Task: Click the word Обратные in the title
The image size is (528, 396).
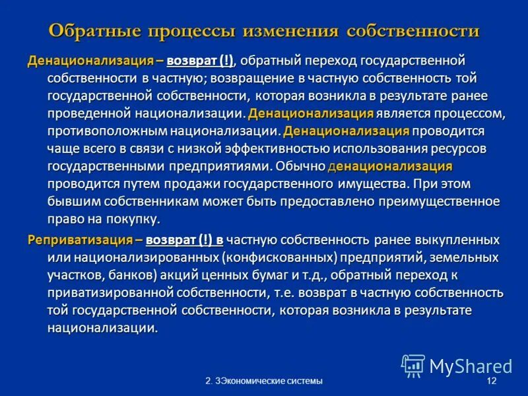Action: [94, 31]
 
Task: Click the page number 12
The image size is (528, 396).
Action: [490, 382]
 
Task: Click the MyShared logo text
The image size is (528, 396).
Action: [471, 366]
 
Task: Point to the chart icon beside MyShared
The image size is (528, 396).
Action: [413, 366]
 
